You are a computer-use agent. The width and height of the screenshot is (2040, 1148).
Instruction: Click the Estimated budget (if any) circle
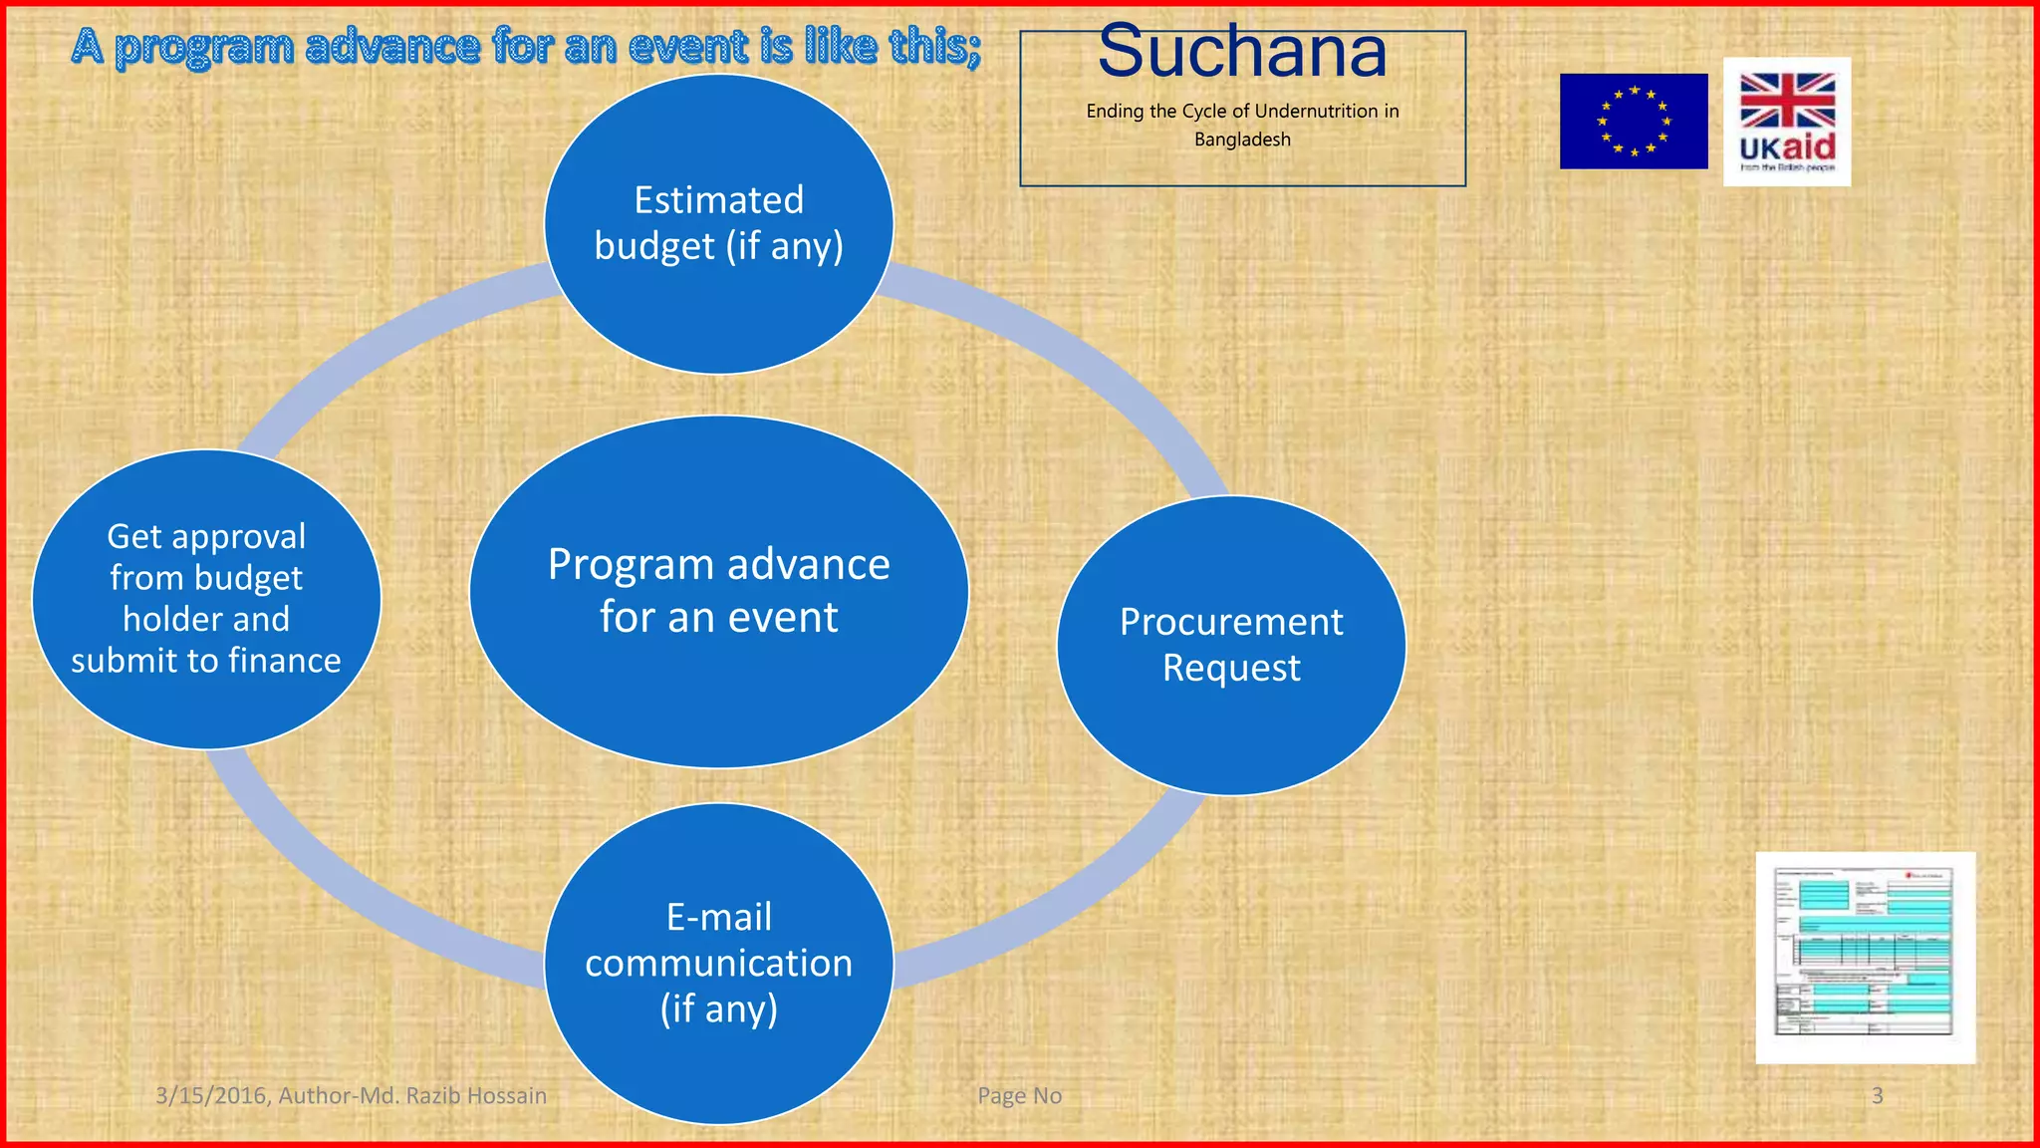click(x=718, y=224)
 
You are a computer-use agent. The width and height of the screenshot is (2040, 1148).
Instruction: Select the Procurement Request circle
click(x=1231, y=645)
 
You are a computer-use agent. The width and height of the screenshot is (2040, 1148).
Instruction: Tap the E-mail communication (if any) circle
click(x=718, y=963)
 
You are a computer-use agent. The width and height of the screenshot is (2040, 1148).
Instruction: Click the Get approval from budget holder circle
click(x=206, y=599)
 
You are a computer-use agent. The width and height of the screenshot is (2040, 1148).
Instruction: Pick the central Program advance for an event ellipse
click(x=718, y=591)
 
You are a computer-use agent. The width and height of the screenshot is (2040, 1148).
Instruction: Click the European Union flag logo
click(x=1634, y=121)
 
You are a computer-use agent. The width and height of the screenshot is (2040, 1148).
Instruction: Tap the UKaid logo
click(x=1787, y=122)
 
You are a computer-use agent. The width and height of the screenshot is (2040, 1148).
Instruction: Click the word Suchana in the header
click(x=1242, y=52)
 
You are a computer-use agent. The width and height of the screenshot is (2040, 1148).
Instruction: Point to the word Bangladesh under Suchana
click(x=1242, y=140)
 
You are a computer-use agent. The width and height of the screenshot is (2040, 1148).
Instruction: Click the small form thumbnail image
click(x=1865, y=957)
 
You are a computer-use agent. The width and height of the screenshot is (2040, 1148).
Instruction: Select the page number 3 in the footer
click(x=1877, y=1096)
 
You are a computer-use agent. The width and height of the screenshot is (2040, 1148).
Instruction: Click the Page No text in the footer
click(x=1019, y=1096)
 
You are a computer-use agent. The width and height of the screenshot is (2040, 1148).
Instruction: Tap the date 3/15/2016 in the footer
click(x=211, y=1096)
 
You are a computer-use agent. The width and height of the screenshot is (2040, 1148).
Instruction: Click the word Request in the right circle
click(x=1231, y=668)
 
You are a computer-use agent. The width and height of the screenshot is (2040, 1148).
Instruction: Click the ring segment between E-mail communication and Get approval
click(x=349, y=887)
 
